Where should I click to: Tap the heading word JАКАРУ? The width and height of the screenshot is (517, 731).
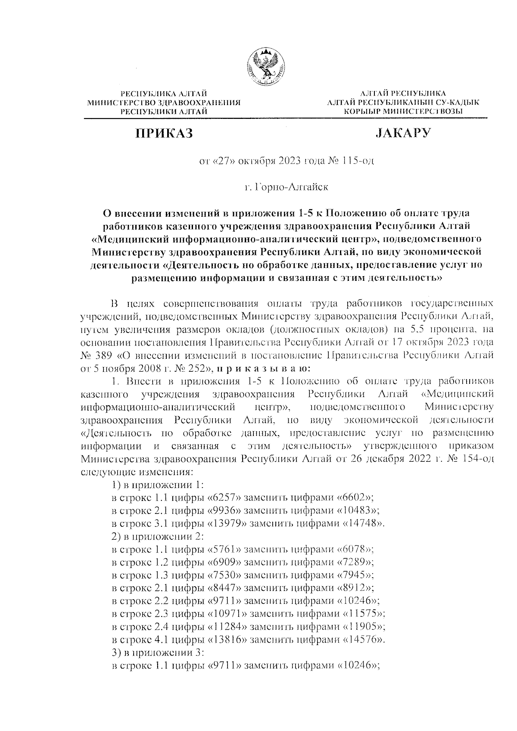tap(402, 133)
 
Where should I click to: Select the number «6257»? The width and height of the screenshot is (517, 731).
tap(224, 498)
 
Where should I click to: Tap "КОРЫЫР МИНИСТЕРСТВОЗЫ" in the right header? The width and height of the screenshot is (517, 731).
tap(402, 112)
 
